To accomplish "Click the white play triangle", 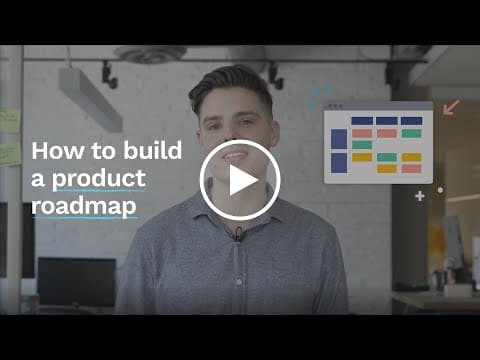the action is [242, 180].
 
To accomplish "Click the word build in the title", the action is [153, 150].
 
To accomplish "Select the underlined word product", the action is [99, 179].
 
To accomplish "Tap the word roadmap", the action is [84, 206].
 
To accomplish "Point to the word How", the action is [58, 151].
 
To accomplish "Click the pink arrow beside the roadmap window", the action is [451, 107].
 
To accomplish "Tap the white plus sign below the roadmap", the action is [420, 196].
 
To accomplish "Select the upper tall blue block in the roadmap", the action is [339, 139].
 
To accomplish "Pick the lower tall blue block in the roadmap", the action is [339, 163].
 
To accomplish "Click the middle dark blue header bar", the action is [387, 121].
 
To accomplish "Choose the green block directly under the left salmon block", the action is [362, 145].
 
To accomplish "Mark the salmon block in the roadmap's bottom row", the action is [411, 169].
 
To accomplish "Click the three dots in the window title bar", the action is [335, 106].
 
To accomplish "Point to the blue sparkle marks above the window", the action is [319, 95].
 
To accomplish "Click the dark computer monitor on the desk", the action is [77, 282].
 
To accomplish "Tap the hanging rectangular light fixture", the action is [91, 99].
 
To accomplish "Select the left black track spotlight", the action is [109, 75].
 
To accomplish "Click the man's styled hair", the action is [231, 86].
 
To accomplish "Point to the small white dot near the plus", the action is [440, 190].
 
